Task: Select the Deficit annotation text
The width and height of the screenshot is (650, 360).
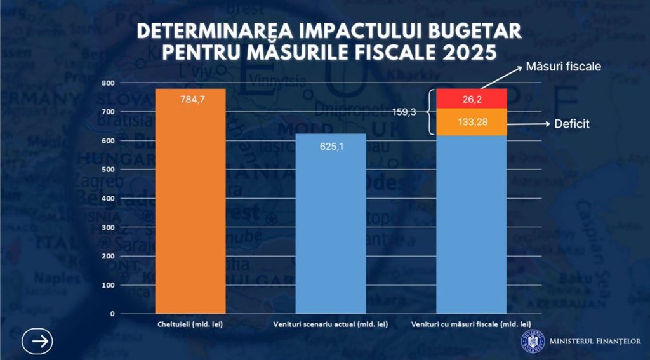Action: coord(571,124)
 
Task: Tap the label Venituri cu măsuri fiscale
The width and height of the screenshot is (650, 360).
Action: coord(471,325)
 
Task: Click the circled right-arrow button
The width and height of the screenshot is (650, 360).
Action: coord(37,341)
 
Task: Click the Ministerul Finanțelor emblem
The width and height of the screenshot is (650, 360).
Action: coord(533,341)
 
